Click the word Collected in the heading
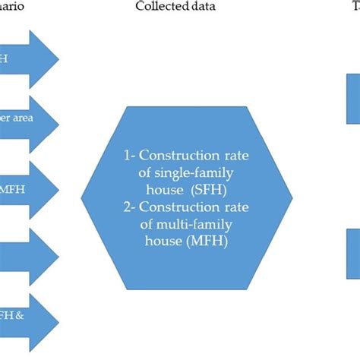click(158, 7)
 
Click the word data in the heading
click(200, 7)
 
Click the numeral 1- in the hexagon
click(129, 156)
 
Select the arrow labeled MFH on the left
click(27, 188)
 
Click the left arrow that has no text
click(27, 255)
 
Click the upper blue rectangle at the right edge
click(354, 99)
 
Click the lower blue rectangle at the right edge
click(354, 254)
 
